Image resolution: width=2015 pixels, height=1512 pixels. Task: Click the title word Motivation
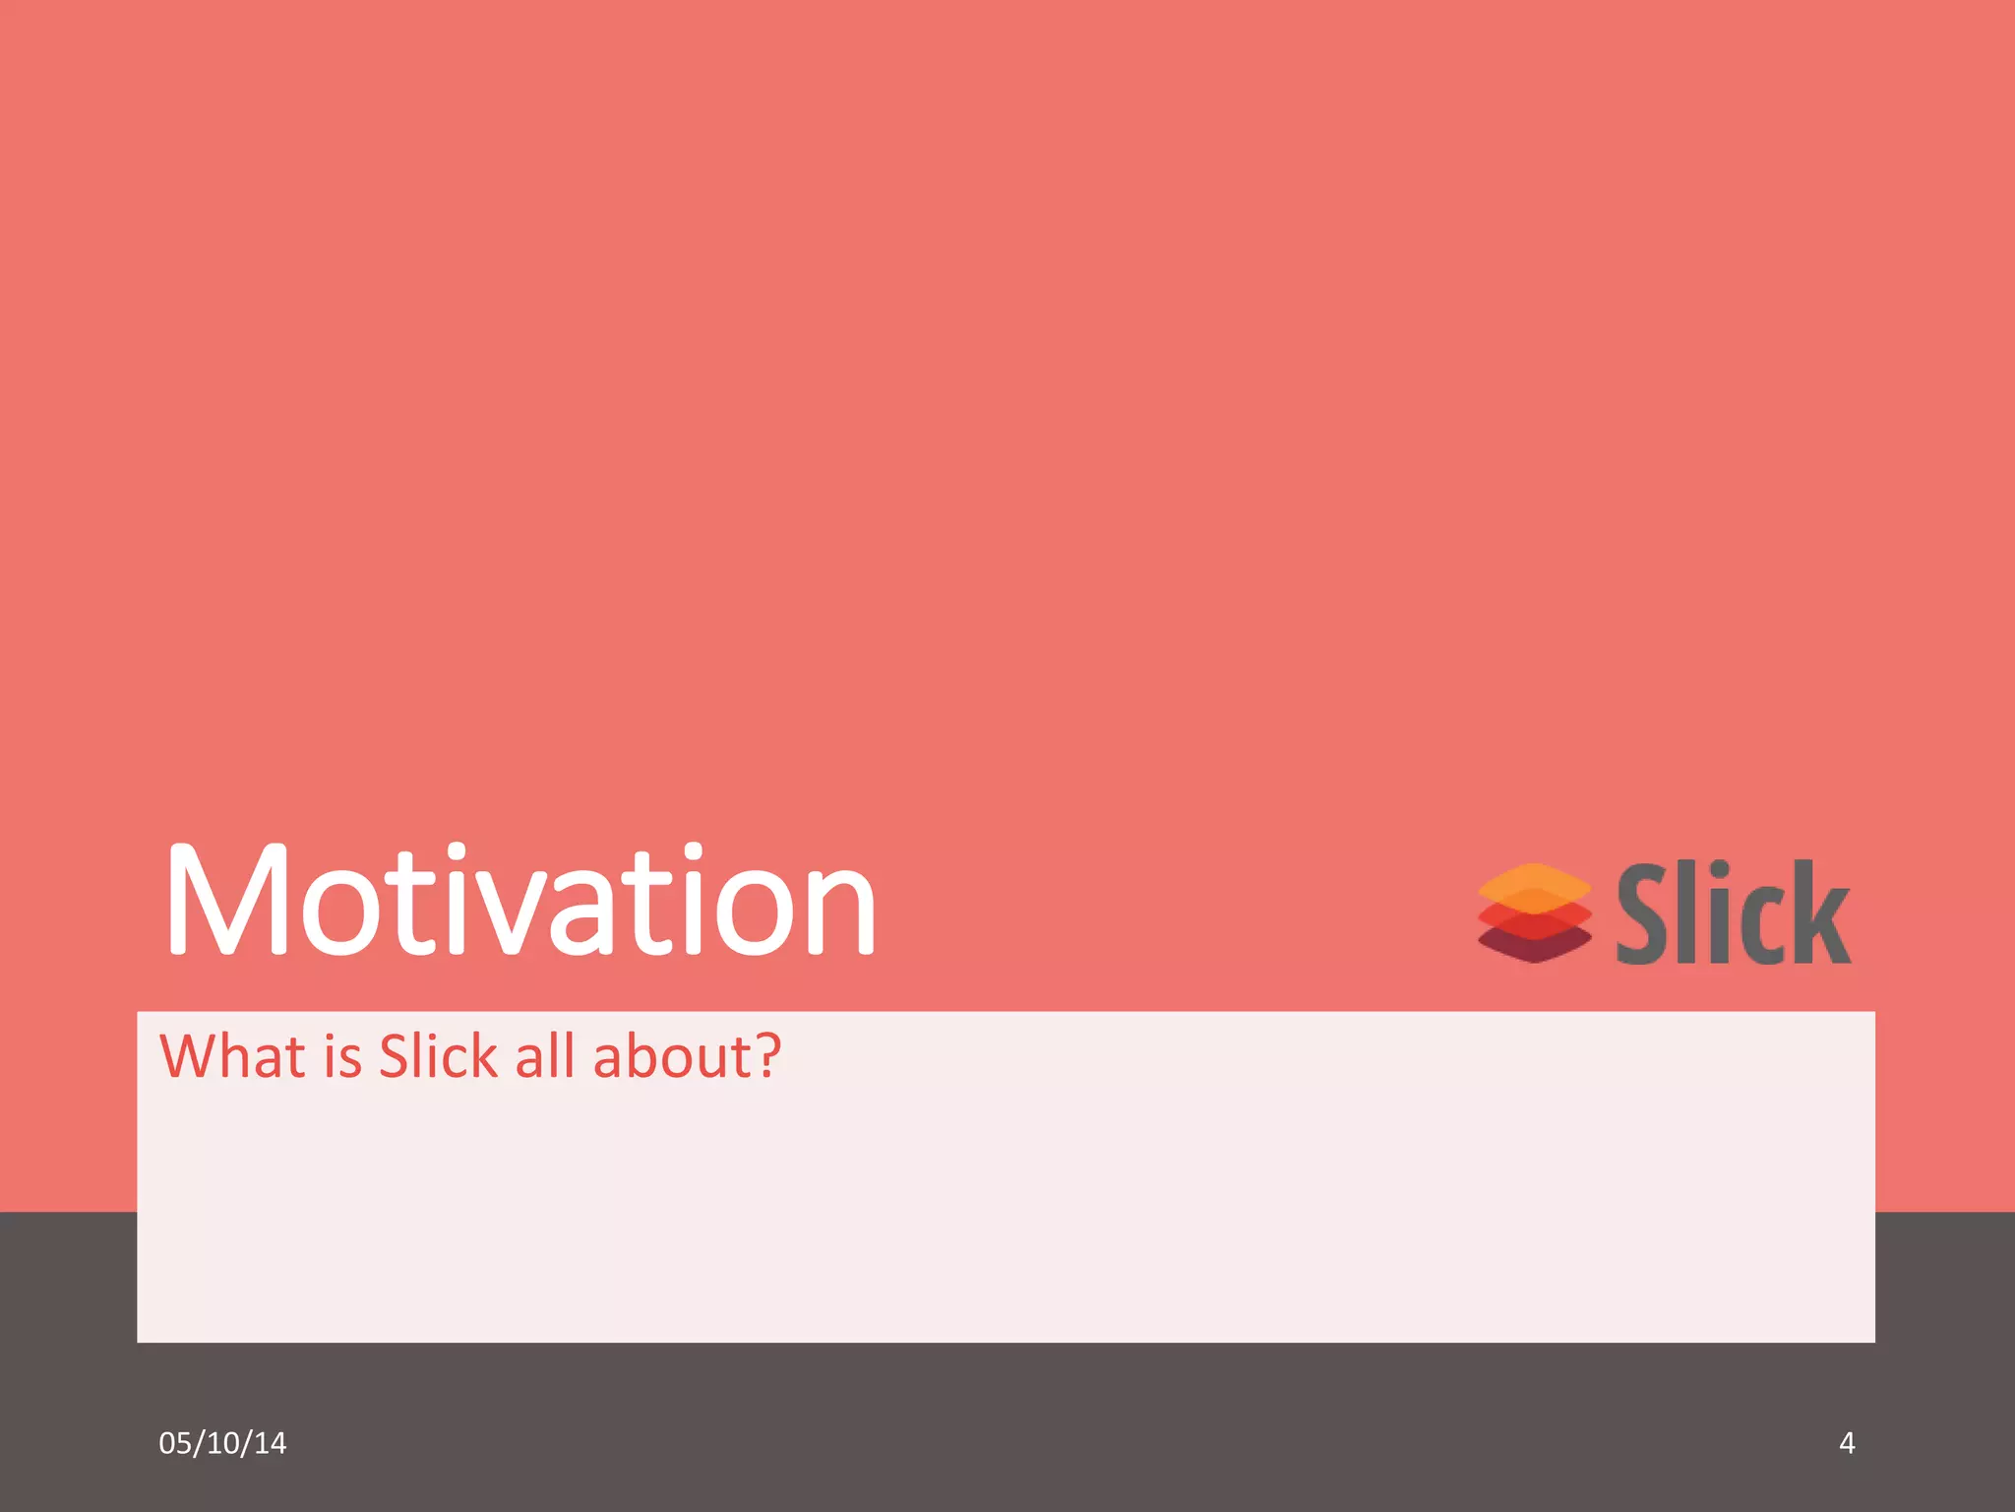point(520,901)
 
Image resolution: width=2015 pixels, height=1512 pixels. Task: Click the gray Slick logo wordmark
point(1734,913)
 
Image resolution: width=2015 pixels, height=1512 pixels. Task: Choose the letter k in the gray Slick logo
point(1820,913)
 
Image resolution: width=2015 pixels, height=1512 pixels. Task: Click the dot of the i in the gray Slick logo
point(1717,872)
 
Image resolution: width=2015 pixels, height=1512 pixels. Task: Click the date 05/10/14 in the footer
point(222,1443)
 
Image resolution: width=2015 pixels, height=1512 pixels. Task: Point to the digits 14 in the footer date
point(270,1443)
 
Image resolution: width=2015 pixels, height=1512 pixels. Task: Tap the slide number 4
point(1847,1443)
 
